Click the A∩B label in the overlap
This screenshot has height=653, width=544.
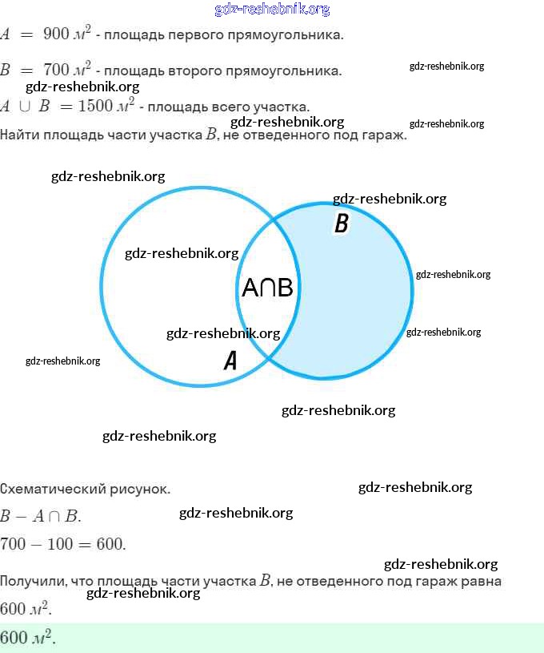point(267,288)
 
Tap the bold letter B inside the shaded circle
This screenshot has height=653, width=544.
point(341,224)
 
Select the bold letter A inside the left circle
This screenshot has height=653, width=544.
point(230,361)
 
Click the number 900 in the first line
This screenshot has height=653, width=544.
point(56,34)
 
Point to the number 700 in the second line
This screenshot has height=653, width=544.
point(56,70)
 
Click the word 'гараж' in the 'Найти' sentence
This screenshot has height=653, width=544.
point(387,134)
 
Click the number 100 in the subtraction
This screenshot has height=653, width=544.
point(65,544)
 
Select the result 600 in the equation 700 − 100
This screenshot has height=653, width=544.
point(110,544)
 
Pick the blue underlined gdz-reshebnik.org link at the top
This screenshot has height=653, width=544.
point(272,10)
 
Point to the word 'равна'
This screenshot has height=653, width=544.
point(482,581)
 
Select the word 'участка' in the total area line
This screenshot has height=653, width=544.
point(284,107)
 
